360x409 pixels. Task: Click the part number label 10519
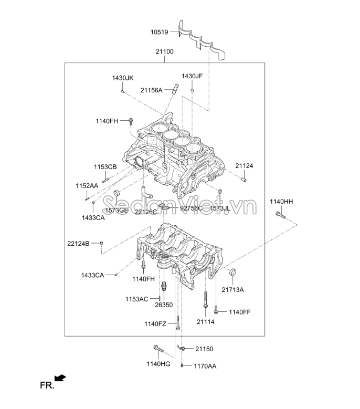[159, 32]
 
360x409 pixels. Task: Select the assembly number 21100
[164, 52]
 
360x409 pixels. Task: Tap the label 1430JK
[123, 78]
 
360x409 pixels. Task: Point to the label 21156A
[151, 90]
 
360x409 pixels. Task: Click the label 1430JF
[192, 76]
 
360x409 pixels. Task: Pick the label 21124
[244, 166]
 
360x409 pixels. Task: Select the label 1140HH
[281, 202]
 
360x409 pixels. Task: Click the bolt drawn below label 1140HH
[280, 215]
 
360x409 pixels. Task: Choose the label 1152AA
[87, 186]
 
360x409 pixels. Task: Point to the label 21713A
[232, 289]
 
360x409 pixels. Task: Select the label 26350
[164, 305]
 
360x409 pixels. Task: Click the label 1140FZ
[155, 324]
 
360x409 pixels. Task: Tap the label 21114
[206, 321]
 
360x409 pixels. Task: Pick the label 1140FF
[239, 312]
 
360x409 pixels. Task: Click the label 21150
[204, 349]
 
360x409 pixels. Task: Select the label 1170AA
[205, 366]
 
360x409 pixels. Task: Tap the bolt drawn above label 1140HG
[158, 349]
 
